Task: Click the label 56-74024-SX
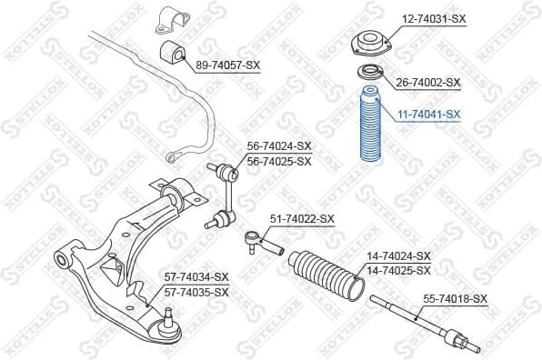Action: point(279,146)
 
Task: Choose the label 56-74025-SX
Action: point(279,161)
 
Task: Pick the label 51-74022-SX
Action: point(303,219)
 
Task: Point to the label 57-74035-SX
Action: point(196,292)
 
